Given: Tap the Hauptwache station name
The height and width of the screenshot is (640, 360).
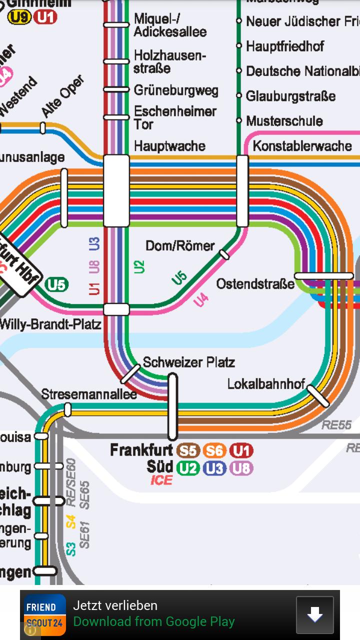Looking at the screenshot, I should pyautogui.click(x=169, y=146).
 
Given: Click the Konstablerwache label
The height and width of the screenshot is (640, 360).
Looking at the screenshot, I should pyautogui.click(x=302, y=146).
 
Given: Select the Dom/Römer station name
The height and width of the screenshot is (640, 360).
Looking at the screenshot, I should pyautogui.click(x=180, y=245).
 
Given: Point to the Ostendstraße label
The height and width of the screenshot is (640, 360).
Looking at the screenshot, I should pyautogui.click(x=255, y=284).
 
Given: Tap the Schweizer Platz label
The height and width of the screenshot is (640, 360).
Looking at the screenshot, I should pyautogui.click(x=188, y=362).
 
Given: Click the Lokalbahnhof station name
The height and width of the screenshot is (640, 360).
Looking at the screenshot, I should pyautogui.click(x=266, y=384).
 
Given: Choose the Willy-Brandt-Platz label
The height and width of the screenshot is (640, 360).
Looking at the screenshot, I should pyautogui.click(x=50, y=324).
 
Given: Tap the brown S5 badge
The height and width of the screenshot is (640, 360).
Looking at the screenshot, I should pyautogui.click(x=189, y=451).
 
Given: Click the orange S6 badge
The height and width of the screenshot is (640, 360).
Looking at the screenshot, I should pyautogui.click(x=215, y=451).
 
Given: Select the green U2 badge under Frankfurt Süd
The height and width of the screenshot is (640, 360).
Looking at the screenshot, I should pyautogui.click(x=188, y=468).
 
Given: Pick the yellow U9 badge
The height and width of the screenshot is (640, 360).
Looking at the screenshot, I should pyautogui.click(x=19, y=18).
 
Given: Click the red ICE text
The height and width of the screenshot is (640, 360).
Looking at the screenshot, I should pyautogui.click(x=161, y=480).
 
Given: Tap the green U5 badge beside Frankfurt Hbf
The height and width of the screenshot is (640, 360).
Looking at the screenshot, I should pyautogui.click(x=56, y=285).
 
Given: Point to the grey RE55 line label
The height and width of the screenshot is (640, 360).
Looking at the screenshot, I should pyautogui.click(x=336, y=425).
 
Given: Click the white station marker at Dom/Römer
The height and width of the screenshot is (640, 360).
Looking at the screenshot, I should pyautogui.click(x=225, y=255).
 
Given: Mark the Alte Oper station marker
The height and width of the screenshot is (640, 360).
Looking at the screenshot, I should pyautogui.click(x=43, y=128).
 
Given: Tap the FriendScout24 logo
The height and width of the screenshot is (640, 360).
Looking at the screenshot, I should pyautogui.click(x=45, y=615).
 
